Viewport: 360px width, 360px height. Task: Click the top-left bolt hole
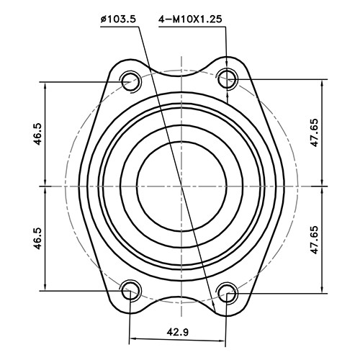click(131, 80)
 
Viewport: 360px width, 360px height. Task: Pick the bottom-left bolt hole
click(131, 290)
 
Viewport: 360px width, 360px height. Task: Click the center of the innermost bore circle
click(179, 185)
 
